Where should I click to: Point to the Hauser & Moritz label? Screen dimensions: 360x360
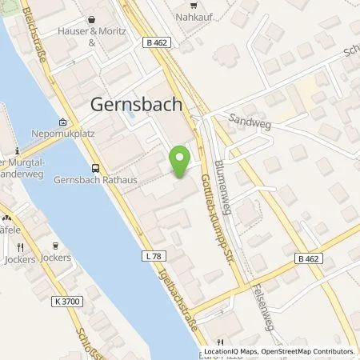90,33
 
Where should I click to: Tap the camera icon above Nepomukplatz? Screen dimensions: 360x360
63,122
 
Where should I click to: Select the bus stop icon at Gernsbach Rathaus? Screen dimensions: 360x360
96,169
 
